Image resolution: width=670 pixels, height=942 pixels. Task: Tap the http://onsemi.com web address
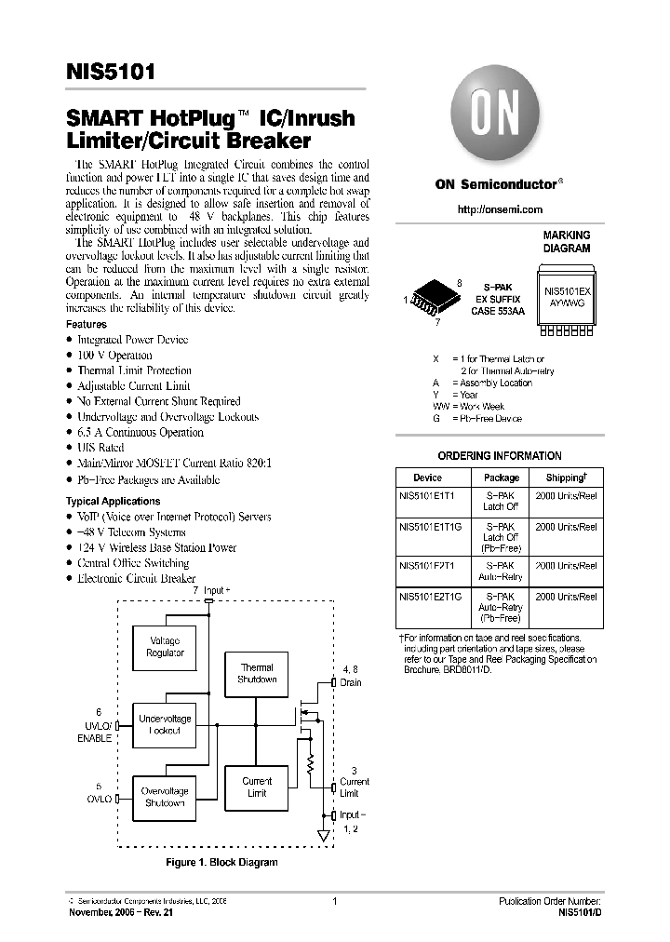pyautogui.click(x=500, y=209)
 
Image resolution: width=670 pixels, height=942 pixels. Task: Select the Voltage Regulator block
pyautogui.click(x=165, y=647)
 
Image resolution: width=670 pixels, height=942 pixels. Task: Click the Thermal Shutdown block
pyautogui.click(x=257, y=673)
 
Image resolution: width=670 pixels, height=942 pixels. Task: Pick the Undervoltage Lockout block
pyautogui.click(x=165, y=724)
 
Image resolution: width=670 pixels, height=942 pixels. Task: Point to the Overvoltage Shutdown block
pyautogui.click(x=164, y=797)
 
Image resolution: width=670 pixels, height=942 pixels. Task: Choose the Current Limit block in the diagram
pyautogui.click(x=257, y=787)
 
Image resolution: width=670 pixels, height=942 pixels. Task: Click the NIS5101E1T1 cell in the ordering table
pyautogui.click(x=427, y=496)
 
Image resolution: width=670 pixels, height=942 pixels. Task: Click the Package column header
pyautogui.click(x=501, y=477)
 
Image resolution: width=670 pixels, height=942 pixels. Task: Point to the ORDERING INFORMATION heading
pyautogui.click(x=500, y=456)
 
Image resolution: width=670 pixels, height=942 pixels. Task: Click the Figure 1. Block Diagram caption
pyautogui.click(x=221, y=863)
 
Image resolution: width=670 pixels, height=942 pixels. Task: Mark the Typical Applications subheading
pyautogui.click(x=110, y=501)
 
